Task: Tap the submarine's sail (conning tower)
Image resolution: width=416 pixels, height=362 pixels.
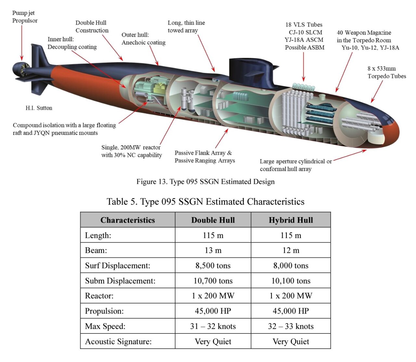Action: pos(252,73)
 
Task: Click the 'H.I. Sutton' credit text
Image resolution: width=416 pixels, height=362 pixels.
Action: pos(39,108)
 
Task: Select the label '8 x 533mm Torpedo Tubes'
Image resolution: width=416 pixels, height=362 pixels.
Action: pos(386,72)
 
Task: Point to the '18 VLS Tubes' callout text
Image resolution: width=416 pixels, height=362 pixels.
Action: pos(304,25)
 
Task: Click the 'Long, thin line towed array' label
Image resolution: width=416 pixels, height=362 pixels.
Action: pos(186,26)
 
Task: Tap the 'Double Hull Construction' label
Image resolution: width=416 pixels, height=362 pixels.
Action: pos(92,26)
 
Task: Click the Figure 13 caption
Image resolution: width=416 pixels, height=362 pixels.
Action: pos(205,182)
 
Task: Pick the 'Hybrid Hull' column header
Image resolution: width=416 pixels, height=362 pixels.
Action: pos(291,220)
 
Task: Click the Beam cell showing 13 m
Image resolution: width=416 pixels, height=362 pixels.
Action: pos(213,250)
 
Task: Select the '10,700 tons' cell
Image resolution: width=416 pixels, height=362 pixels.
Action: pos(213,281)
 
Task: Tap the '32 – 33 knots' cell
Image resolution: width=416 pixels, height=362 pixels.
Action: pos(291,326)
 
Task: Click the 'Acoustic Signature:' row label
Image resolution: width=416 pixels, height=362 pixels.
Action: pos(118,342)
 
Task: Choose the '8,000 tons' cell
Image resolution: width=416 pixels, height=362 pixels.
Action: pos(291,265)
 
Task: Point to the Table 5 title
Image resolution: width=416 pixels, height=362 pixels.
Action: pos(205,201)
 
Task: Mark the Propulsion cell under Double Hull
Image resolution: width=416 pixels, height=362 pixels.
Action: pos(213,311)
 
